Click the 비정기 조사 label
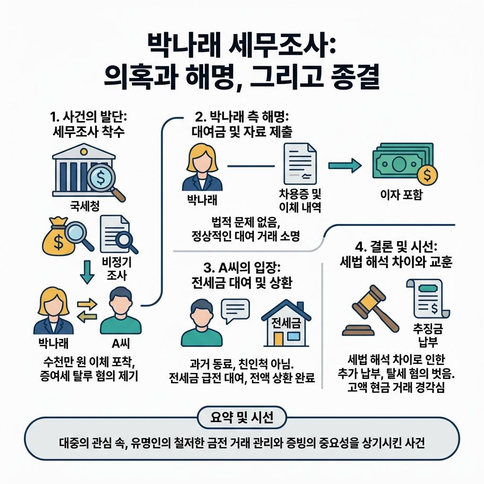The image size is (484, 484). pos(114,269)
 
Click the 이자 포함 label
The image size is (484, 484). pos(401,195)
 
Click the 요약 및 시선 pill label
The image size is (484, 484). pos(241,417)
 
